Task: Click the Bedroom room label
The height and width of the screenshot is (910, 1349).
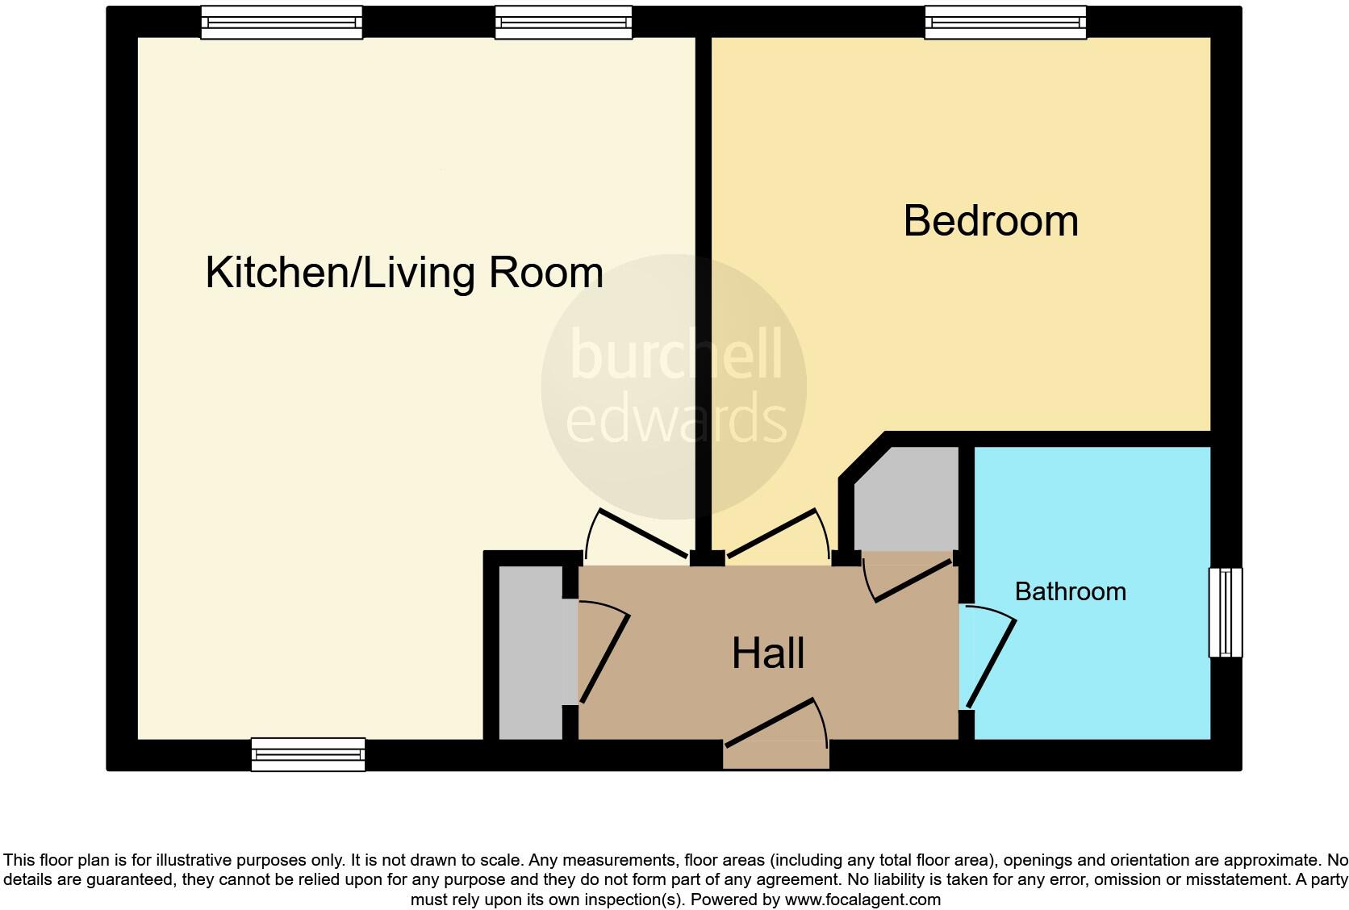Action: (x=990, y=221)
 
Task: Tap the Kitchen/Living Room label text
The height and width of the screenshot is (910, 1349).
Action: (x=404, y=273)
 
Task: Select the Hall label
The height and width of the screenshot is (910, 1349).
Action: (x=767, y=653)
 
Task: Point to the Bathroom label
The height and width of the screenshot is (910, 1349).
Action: (x=1070, y=591)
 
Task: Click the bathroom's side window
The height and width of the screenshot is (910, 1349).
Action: (x=1225, y=612)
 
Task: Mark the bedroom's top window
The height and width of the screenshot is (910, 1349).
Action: (x=1004, y=23)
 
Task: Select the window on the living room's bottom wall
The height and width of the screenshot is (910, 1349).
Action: (x=307, y=754)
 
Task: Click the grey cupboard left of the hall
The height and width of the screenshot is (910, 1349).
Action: (x=530, y=652)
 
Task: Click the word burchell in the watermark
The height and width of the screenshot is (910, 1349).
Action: (x=676, y=356)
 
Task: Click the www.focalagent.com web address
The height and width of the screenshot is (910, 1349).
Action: (x=862, y=899)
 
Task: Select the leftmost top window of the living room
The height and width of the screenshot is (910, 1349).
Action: (x=282, y=23)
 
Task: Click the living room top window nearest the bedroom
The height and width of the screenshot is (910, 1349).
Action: (x=563, y=23)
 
